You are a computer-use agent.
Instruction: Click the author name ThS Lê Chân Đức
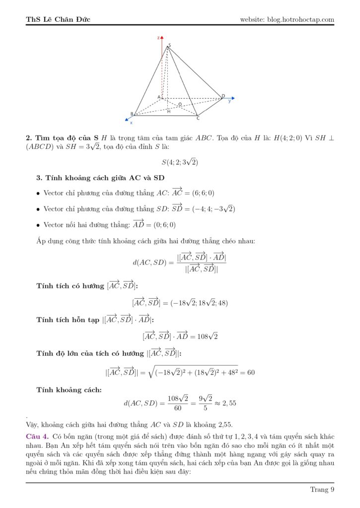[58, 19]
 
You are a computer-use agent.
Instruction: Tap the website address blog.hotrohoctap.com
[287, 19]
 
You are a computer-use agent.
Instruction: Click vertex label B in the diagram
[132, 114]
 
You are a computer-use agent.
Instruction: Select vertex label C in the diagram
[198, 118]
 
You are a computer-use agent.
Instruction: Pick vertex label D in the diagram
[223, 96]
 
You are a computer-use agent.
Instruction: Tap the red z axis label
[157, 38]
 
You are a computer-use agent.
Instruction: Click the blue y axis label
[229, 101]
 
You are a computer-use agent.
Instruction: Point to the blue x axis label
[131, 123]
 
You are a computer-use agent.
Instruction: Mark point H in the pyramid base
[169, 111]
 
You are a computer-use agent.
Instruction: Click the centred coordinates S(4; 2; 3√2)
[180, 162]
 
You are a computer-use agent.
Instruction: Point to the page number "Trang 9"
[322, 490]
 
